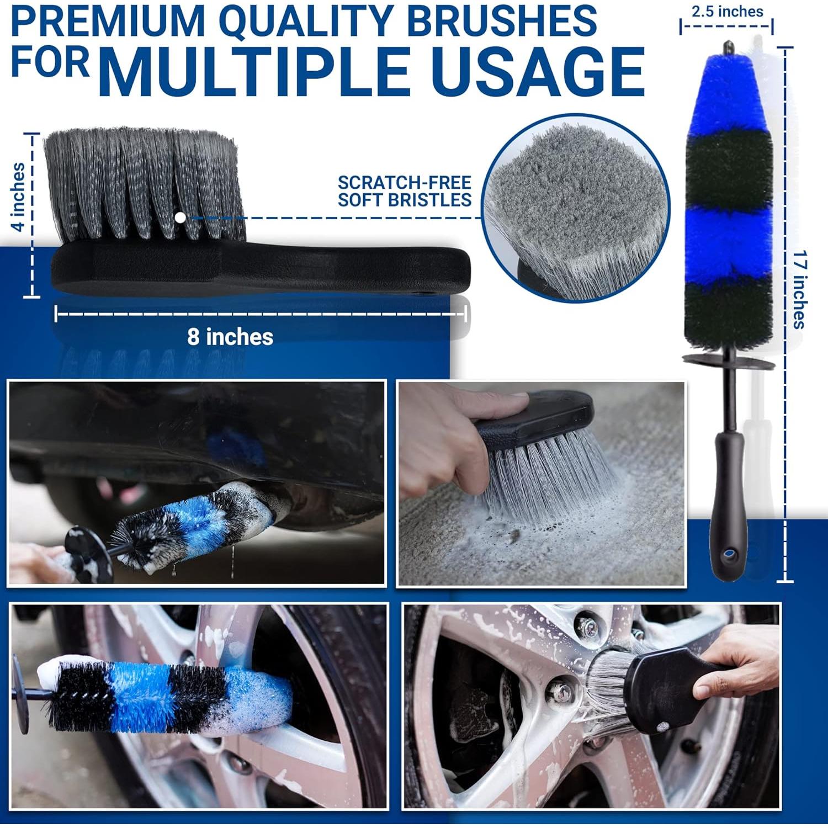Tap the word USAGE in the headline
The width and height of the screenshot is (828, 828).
click(x=538, y=72)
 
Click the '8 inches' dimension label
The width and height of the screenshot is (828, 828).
click(x=230, y=337)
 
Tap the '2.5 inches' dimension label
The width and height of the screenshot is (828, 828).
click(x=726, y=11)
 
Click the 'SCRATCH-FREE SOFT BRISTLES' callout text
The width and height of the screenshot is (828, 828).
click(x=404, y=191)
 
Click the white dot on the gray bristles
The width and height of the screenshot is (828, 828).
click(x=180, y=217)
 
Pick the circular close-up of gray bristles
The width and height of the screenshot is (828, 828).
click(x=575, y=209)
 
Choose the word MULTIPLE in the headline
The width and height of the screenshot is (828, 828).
click(x=257, y=72)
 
